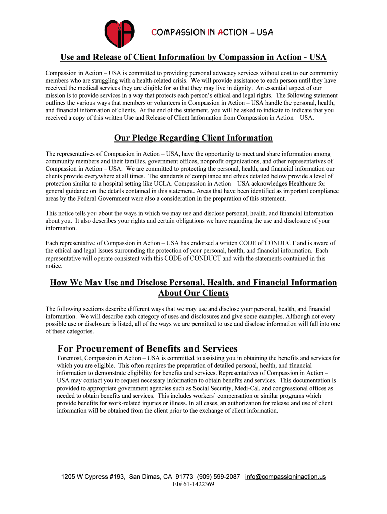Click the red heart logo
coord(120,34)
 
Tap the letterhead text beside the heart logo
coord(212,33)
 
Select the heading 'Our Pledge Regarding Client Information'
coord(193,138)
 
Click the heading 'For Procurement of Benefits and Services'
coord(148,348)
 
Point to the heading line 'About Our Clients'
coord(193,293)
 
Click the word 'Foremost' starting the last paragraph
coord(70,358)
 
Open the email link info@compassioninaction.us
coord(285,476)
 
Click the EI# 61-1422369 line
coord(193,484)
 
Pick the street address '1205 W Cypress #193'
coord(93,476)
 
